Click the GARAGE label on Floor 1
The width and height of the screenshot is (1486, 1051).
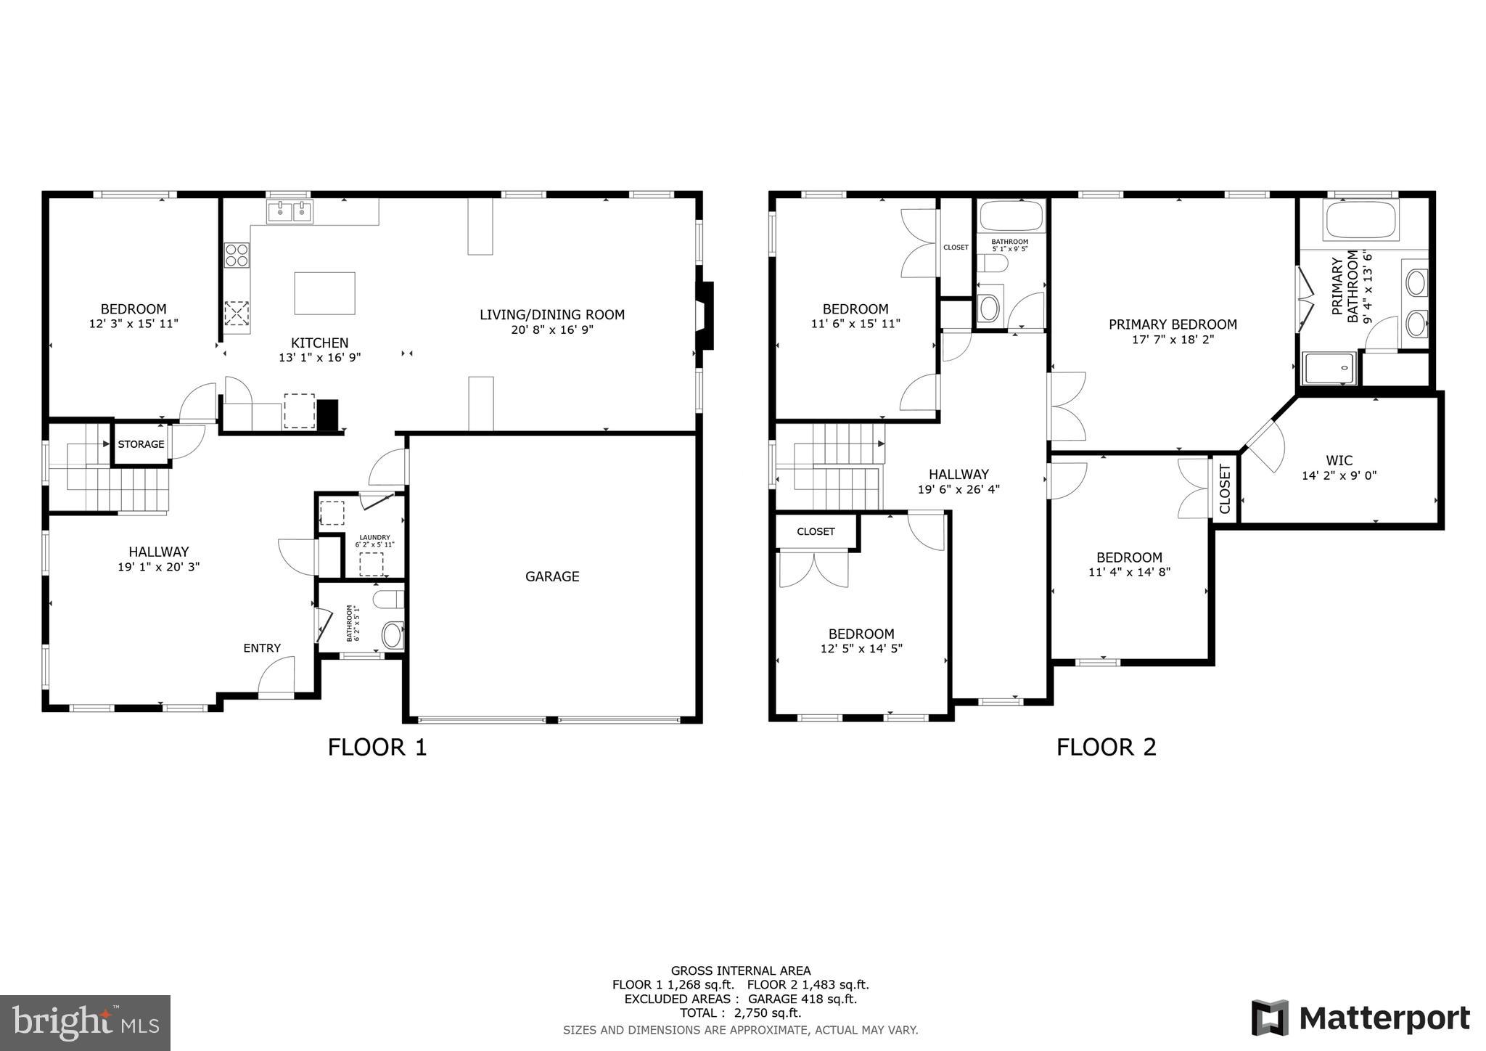(x=551, y=576)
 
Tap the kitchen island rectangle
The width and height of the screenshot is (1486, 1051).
(x=324, y=293)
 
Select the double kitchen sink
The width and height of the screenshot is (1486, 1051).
(x=290, y=212)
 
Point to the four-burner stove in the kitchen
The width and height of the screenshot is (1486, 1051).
(x=237, y=255)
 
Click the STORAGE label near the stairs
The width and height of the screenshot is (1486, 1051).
(x=141, y=444)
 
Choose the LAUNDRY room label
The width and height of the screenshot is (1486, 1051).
(x=374, y=538)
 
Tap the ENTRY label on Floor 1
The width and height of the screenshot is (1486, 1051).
(x=261, y=648)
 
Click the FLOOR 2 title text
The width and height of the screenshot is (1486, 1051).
(x=1106, y=747)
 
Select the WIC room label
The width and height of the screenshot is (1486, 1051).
(x=1339, y=460)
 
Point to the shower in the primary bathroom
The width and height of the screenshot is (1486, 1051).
(x=1329, y=368)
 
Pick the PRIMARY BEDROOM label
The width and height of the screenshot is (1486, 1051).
(x=1173, y=324)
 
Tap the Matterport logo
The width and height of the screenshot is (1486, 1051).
(x=1361, y=1018)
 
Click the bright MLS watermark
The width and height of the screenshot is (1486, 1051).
(x=86, y=1023)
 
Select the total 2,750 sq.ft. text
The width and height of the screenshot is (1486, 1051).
(x=740, y=1013)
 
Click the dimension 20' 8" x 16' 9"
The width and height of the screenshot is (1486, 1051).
(x=551, y=330)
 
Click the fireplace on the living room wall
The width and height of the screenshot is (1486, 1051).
(x=706, y=316)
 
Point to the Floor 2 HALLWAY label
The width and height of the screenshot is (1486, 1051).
(x=958, y=474)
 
